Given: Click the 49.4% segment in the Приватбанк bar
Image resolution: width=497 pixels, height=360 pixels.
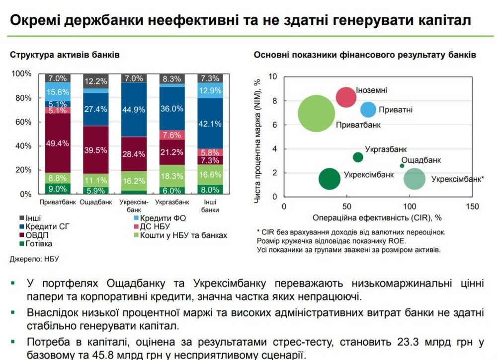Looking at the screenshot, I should click(58, 143).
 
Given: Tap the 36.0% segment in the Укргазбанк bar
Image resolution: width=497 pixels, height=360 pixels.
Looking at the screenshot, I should click(172, 109).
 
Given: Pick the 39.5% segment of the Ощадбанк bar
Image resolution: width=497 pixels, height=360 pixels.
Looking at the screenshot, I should click(95, 150).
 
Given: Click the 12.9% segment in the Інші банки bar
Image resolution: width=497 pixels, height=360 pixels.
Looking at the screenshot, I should click(209, 90).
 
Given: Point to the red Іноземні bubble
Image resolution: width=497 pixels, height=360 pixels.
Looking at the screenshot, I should click(346, 96).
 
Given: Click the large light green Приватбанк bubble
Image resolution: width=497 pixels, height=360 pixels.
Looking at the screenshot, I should click(316, 114).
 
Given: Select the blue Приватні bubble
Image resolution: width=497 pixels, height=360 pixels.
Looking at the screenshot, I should click(368, 110).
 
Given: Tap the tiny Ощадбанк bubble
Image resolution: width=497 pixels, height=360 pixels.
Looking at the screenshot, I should click(402, 166).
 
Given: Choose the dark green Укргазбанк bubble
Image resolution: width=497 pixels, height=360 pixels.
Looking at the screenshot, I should click(358, 157).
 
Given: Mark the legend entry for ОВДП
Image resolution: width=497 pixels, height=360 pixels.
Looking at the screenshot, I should click(30, 235).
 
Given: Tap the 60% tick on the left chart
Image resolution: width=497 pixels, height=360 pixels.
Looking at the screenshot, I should click(22, 122).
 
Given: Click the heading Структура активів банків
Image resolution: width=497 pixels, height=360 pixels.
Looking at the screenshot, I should click(65, 55).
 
